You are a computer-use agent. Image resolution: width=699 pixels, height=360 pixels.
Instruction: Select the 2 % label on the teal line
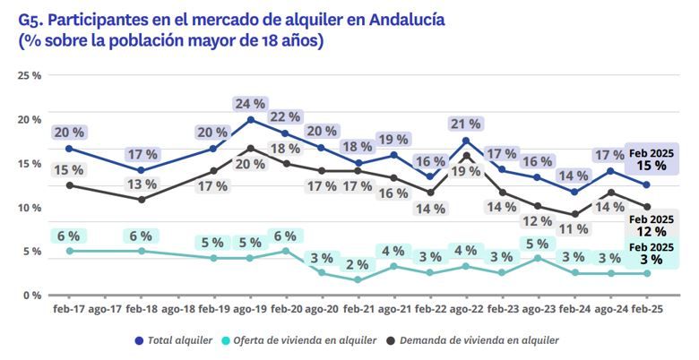(358, 264)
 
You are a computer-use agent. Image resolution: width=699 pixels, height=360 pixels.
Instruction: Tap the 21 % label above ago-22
(466, 124)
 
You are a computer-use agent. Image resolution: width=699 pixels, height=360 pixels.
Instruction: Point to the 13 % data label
(141, 184)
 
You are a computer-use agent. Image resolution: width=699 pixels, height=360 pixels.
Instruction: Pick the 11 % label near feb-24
(573, 228)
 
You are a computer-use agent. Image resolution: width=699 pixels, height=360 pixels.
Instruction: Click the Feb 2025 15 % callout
(651, 159)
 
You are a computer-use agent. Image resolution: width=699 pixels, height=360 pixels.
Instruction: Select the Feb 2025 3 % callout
(651, 253)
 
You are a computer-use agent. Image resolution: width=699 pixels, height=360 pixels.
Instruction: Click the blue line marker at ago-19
(249, 119)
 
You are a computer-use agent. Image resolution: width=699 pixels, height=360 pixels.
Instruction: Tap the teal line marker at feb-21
(358, 279)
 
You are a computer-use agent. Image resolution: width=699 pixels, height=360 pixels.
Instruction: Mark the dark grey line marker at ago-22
(466, 156)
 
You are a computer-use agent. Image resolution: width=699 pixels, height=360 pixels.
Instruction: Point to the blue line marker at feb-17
(69, 149)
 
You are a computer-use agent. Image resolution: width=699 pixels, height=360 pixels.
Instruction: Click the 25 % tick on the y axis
(30, 76)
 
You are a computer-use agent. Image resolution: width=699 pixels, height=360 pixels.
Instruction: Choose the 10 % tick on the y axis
(30, 208)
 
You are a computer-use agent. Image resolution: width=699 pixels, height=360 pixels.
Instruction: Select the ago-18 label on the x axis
(177, 309)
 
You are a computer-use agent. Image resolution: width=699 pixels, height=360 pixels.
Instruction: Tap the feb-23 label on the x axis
(502, 309)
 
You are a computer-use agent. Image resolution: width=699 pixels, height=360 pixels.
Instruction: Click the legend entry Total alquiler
(173, 340)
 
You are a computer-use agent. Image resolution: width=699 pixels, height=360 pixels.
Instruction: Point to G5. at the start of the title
(33, 18)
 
